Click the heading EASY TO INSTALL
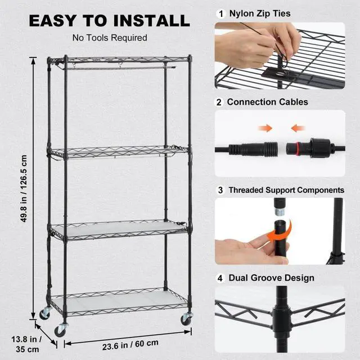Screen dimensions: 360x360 coord(109,21)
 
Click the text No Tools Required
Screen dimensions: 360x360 coord(110,38)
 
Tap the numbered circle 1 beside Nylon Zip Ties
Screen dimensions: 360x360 coord(220,13)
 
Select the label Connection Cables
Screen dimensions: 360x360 coord(267,102)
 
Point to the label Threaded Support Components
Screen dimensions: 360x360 coord(286,190)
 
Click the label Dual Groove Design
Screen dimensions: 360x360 coord(271,278)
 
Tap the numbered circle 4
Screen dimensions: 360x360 coord(220,278)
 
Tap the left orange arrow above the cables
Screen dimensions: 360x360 coord(265,129)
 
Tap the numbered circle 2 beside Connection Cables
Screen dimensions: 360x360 coord(220,102)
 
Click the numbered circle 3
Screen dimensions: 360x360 coord(220,190)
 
